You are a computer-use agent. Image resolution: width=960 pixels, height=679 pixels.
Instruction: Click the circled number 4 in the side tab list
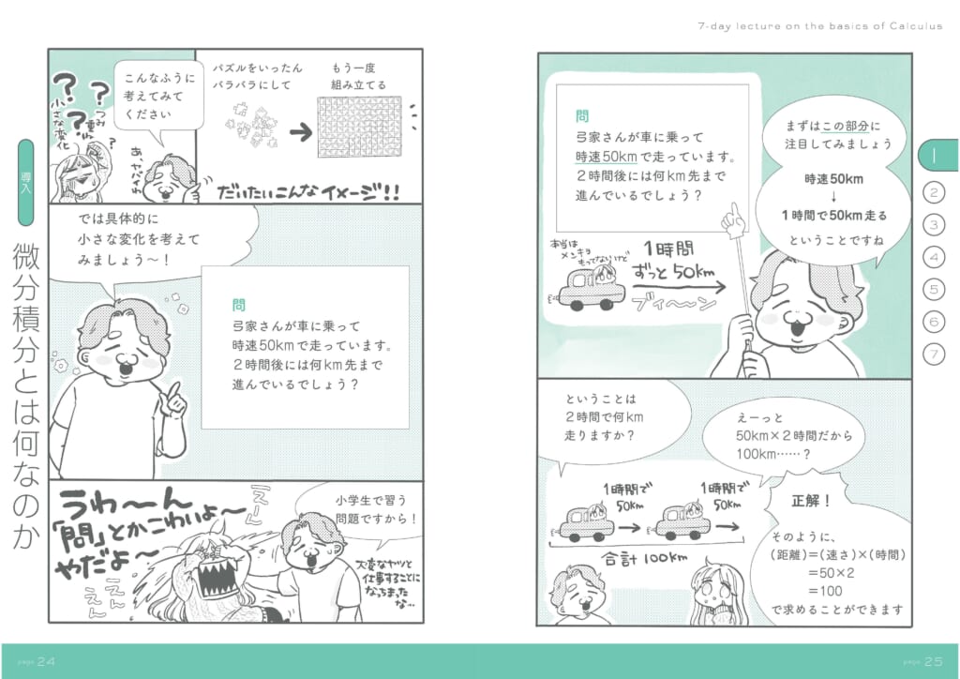tap(934, 256)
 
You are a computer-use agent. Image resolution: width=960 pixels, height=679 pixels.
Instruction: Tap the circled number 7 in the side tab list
tap(934, 354)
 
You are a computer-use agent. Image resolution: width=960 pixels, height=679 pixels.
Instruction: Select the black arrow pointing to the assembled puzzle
tap(300, 132)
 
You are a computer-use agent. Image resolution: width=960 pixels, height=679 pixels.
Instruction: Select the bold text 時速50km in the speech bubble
tap(833, 178)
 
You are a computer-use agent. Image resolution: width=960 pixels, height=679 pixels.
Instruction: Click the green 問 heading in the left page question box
tap(239, 305)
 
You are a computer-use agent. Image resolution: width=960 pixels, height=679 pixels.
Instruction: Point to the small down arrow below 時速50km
tap(833, 196)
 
